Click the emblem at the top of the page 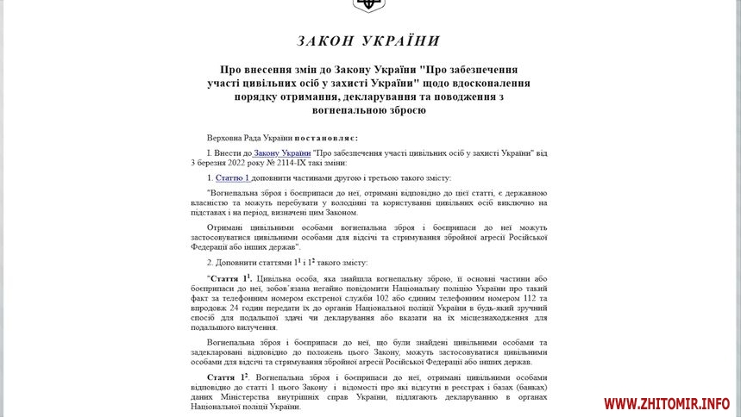[370, 4]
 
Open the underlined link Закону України [281, 152]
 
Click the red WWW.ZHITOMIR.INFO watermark [666, 403]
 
